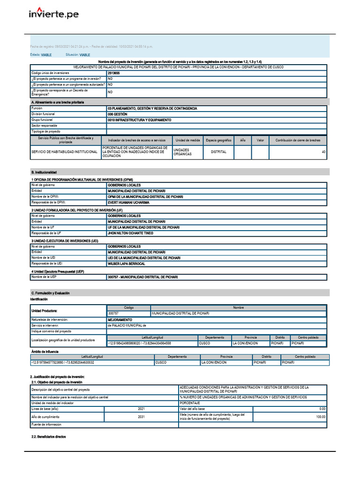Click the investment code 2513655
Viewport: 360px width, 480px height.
coord(113,73)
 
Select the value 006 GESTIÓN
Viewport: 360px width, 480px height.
coord(117,114)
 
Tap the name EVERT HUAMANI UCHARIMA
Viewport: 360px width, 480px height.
coord(128,202)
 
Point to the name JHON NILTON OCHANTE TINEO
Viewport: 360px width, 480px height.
coord(130,233)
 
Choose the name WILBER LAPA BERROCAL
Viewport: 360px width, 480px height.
coord(127,264)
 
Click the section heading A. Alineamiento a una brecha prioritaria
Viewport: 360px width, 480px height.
coord(58,102)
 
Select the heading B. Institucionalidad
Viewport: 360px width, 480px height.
coord(44,172)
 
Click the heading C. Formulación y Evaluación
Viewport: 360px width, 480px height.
coord(50,293)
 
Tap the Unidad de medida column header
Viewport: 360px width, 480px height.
coord(188,140)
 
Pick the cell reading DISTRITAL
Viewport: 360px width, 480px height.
coord(218,152)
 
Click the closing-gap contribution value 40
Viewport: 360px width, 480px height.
coord(323,152)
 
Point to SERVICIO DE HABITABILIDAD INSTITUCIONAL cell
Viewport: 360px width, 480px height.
coord(64,152)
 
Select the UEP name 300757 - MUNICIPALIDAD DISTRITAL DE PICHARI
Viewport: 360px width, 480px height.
coord(143,277)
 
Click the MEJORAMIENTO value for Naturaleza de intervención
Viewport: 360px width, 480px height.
coord(120,319)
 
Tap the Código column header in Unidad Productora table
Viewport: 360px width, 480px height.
coord(128,307)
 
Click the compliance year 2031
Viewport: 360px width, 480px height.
coord(141,417)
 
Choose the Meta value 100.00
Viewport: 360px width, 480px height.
coord(320,417)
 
